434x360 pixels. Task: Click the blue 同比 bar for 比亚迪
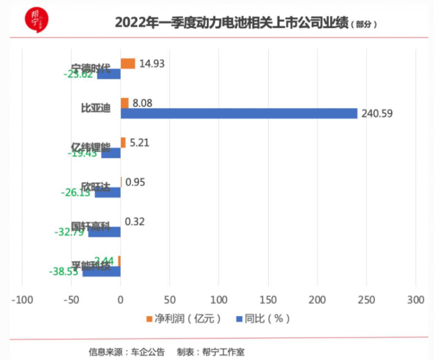click(239, 113)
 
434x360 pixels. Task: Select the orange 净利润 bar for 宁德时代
click(128, 63)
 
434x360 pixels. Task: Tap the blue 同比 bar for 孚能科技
click(101, 272)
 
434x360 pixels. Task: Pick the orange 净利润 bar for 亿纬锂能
click(123, 143)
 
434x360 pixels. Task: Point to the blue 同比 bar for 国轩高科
click(105, 232)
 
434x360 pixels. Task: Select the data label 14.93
click(151, 63)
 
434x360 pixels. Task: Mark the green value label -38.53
click(63, 272)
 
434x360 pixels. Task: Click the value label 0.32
click(135, 222)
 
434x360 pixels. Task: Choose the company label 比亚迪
click(95, 108)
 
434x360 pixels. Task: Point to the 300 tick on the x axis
click(415, 299)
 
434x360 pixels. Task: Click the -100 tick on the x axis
click(22, 299)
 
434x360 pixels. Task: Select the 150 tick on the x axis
click(268, 299)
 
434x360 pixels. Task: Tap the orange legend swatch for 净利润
click(150, 319)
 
